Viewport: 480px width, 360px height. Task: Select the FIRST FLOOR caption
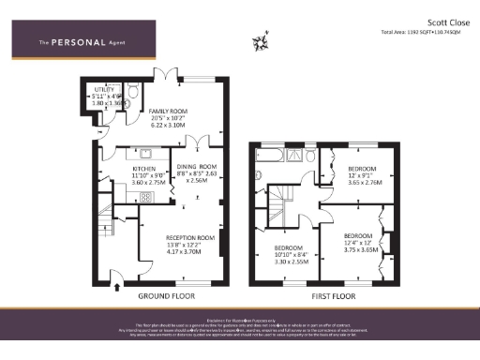(x=336, y=295)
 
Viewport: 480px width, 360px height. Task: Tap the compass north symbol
(x=261, y=42)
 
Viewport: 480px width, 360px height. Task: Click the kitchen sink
(x=146, y=152)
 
